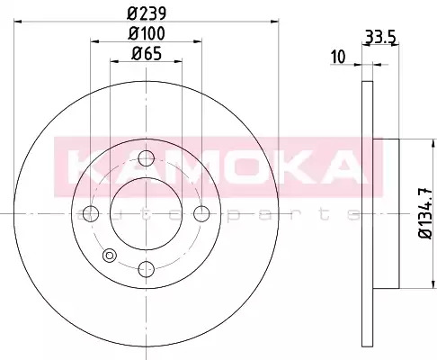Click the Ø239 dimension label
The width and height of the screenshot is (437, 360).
147,13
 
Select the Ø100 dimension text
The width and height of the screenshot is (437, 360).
147,33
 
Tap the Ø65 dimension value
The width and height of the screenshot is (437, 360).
147,54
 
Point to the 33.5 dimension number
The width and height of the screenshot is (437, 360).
380,38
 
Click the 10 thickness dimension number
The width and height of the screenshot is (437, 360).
338,57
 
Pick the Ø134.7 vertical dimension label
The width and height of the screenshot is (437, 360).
425,213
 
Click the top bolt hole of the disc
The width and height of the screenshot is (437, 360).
147,158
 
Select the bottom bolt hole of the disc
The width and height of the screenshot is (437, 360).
147,269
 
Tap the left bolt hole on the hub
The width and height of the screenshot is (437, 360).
91,213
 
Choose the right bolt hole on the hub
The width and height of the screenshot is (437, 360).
201,213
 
